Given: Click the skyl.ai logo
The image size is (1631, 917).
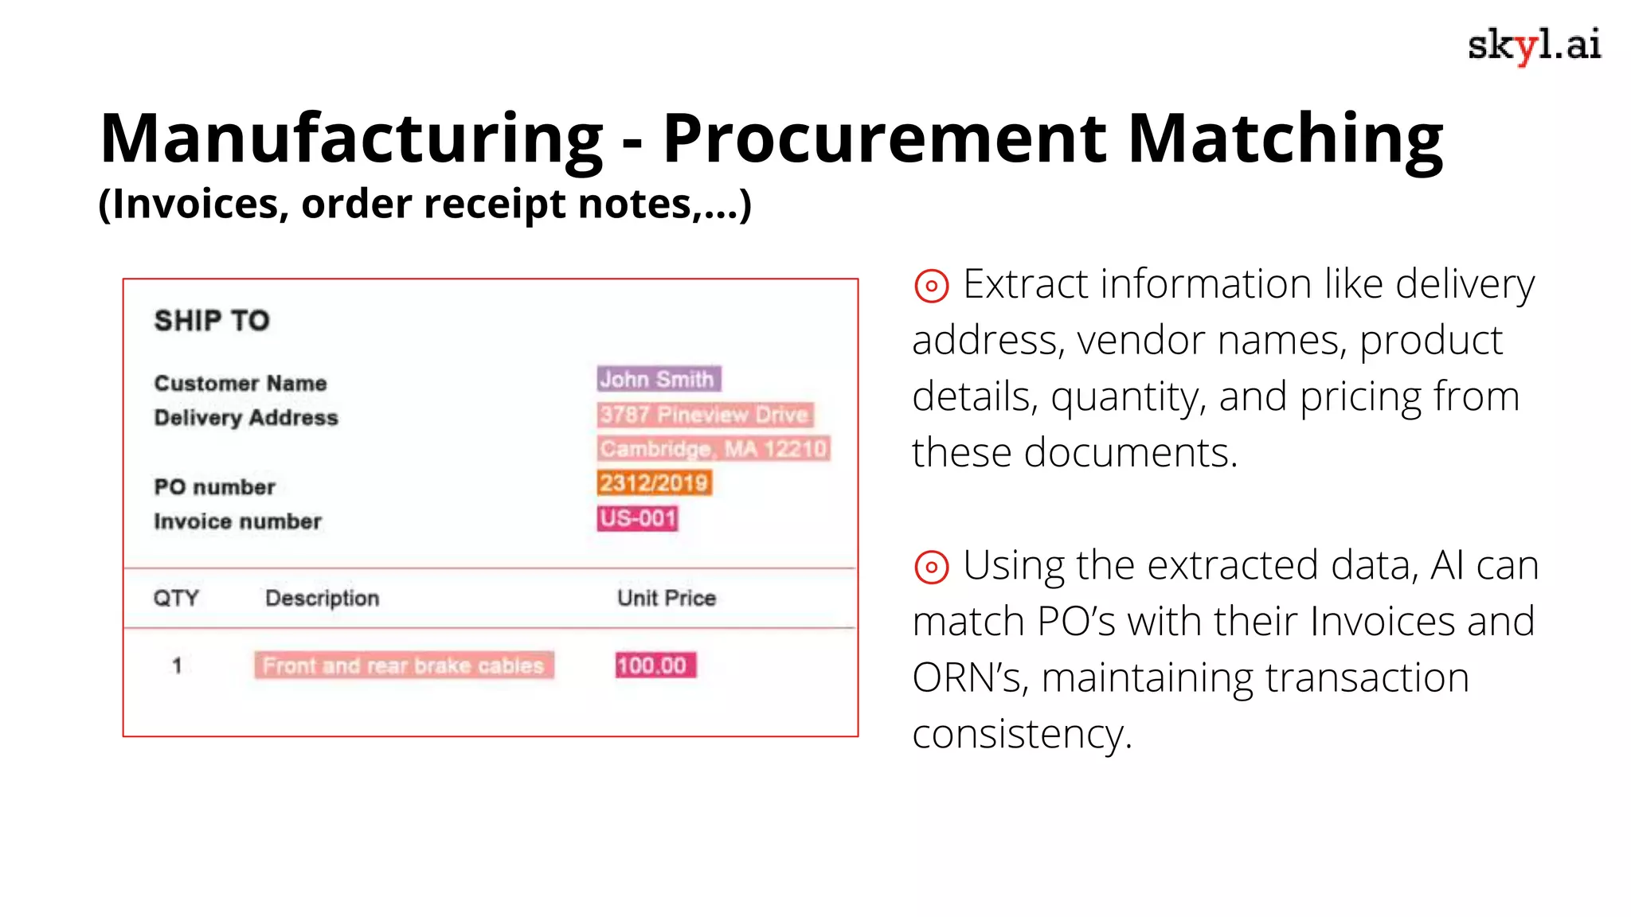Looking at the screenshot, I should [1533, 45].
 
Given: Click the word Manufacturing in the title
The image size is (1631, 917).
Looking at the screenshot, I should [351, 139].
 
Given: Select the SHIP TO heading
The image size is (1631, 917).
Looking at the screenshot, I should [212, 321].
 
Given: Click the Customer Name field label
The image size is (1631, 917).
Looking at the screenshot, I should [241, 383].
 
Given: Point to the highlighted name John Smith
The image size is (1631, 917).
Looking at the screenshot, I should [659, 379].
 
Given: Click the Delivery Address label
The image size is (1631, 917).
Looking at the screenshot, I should [246, 418].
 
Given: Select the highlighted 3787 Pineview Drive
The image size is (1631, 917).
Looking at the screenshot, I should [705, 415].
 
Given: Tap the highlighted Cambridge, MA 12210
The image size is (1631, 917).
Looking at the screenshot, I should [714, 449].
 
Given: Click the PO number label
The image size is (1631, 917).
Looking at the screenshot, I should [214, 487].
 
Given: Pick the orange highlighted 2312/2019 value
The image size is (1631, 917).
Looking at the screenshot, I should [654, 483].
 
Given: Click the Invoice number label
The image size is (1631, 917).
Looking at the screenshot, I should [237, 521].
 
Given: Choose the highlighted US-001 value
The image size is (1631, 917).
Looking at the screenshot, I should [638, 518].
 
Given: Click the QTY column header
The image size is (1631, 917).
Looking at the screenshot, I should [176, 598].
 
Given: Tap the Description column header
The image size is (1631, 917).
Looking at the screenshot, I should [322, 598].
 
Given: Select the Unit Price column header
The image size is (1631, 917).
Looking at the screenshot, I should [667, 598].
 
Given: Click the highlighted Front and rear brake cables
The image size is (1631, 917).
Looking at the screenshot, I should [404, 665].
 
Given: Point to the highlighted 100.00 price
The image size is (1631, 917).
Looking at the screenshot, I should [655, 665].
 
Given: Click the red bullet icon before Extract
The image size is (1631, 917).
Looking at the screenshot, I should [931, 286].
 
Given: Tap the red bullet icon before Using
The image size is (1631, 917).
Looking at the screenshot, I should [931, 568].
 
